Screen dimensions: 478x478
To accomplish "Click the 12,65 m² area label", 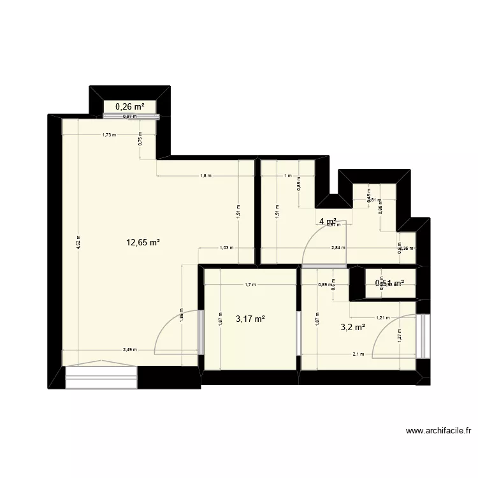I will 143,242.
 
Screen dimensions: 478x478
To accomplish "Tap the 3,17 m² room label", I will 250,319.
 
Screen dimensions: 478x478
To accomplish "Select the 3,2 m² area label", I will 352,328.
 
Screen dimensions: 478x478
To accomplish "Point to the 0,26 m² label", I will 130,106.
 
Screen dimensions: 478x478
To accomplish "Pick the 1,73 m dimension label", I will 109,135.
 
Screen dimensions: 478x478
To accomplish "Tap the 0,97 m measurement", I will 130,117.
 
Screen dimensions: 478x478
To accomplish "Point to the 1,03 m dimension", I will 226,248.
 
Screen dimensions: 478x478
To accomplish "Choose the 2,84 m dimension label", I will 338,248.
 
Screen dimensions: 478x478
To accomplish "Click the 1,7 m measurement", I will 250,285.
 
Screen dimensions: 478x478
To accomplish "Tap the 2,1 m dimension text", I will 358,354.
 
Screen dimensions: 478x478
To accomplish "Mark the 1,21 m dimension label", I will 382,317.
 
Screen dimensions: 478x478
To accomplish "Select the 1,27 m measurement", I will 400,335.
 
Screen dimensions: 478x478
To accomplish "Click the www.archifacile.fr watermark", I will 438,431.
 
